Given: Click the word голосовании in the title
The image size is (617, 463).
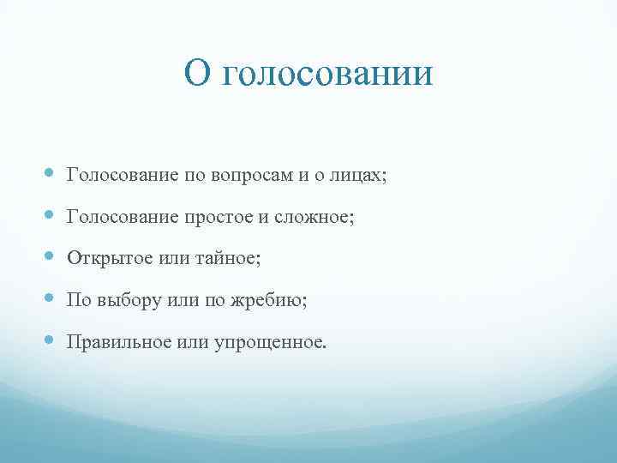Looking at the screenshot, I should click(328, 75).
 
